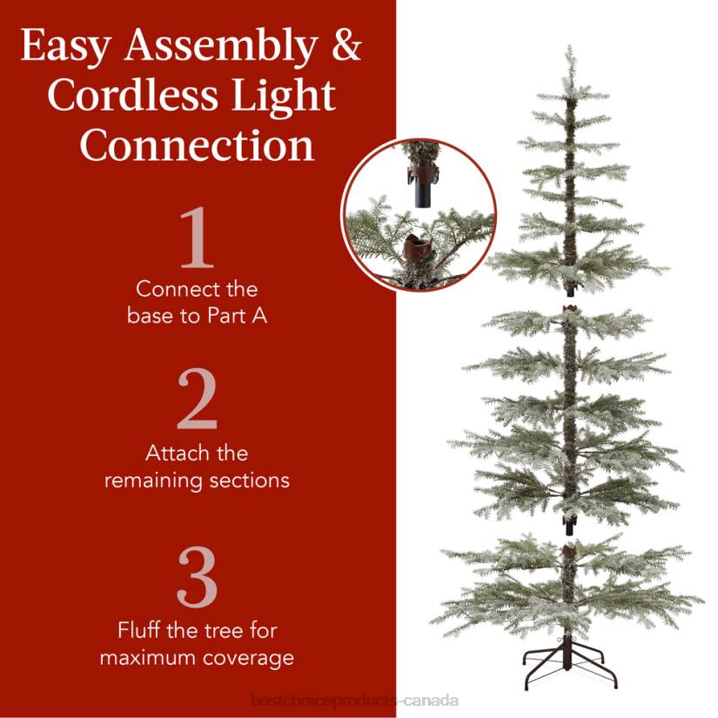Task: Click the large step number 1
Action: (196, 238)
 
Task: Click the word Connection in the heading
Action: (197, 145)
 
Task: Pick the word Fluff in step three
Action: (141, 629)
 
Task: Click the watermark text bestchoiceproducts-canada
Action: (353, 701)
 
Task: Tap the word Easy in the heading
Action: (66, 48)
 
